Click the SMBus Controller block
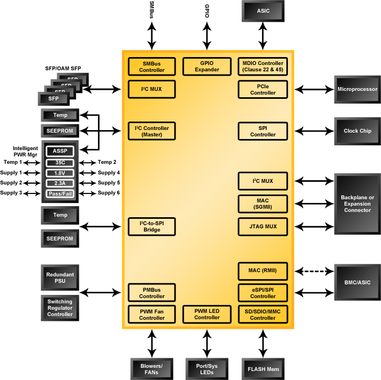click(x=152, y=67)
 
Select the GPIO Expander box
click(x=207, y=67)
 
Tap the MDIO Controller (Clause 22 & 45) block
click(x=263, y=67)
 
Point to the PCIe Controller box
click(x=263, y=89)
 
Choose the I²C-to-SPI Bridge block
click(x=152, y=227)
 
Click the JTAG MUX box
click(x=263, y=227)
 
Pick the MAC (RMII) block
click(x=263, y=271)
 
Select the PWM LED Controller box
click(x=207, y=314)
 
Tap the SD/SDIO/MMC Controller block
click(x=263, y=314)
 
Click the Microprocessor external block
click(x=358, y=89)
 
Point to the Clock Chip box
click(x=358, y=131)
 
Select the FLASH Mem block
click(x=263, y=368)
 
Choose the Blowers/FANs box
click(x=152, y=368)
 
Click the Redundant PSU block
click(x=60, y=278)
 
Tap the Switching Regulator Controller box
click(x=60, y=308)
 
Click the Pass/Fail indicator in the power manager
click(x=60, y=193)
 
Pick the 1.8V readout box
click(x=60, y=173)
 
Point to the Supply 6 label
click(x=109, y=193)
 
